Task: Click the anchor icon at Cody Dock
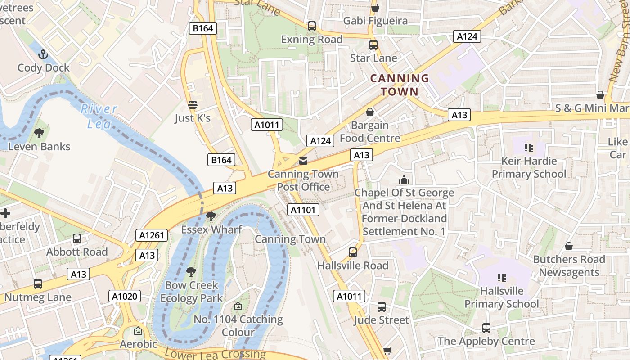[x=43, y=55]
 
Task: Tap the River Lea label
[x=99, y=116]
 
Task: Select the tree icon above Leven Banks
[x=39, y=133]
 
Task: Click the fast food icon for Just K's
[x=193, y=105]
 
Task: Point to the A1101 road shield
[x=304, y=210]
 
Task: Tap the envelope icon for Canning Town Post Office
[x=303, y=161]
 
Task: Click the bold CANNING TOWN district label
[x=399, y=85]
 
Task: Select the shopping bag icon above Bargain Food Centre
[x=370, y=112]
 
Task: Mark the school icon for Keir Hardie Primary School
[x=529, y=147]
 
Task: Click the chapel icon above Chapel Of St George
[x=404, y=180]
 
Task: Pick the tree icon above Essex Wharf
[x=210, y=217]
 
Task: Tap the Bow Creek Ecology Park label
[x=191, y=292]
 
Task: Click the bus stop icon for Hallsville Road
[x=353, y=252]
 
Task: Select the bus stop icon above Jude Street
[x=381, y=307]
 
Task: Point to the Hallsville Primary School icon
[x=502, y=278]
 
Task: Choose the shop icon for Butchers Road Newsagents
[x=569, y=247]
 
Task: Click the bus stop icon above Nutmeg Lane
[x=38, y=284]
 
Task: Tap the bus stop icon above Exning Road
[x=311, y=26]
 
